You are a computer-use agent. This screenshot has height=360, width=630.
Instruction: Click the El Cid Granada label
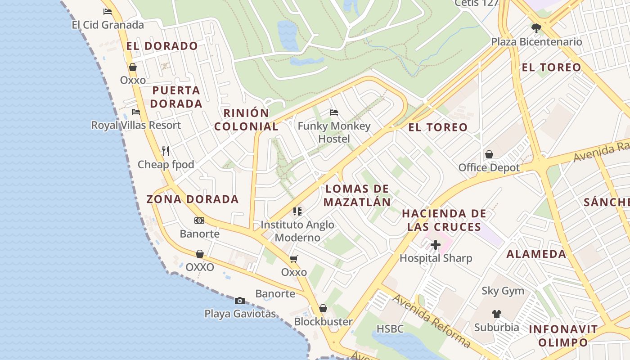[x=108, y=25]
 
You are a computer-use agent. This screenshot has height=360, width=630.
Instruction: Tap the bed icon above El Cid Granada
[x=107, y=12]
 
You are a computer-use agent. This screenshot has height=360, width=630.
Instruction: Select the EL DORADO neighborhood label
[x=162, y=46]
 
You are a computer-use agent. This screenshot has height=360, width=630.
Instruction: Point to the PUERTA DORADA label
[x=176, y=97]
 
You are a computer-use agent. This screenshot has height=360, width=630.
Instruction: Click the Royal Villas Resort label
[x=136, y=125]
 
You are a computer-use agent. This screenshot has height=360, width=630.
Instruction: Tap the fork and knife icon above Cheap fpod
[x=166, y=151]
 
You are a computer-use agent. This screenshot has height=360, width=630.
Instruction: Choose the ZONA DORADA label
[x=193, y=199]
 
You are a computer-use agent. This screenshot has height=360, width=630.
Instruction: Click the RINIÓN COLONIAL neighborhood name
[x=246, y=120]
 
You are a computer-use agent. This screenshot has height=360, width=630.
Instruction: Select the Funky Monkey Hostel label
[x=334, y=132]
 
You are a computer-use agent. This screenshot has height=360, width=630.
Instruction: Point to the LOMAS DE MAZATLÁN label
[x=357, y=195]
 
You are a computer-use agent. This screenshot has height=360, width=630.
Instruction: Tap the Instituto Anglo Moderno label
[x=297, y=231]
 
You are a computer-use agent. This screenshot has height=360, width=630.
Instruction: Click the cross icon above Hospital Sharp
[x=436, y=245]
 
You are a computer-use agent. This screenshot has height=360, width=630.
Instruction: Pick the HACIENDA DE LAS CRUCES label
[x=444, y=220]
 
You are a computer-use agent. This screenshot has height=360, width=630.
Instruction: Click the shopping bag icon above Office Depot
[x=489, y=154]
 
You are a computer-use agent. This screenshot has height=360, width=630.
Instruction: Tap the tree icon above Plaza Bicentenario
[x=536, y=28]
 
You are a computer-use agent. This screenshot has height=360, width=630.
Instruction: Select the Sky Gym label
[x=503, y=291]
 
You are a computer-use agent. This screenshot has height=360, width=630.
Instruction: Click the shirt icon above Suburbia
[x=496, y=314]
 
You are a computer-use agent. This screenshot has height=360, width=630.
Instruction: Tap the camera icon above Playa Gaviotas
[x=240, y=301]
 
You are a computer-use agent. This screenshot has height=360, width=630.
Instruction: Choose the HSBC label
[x=390, y=329]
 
